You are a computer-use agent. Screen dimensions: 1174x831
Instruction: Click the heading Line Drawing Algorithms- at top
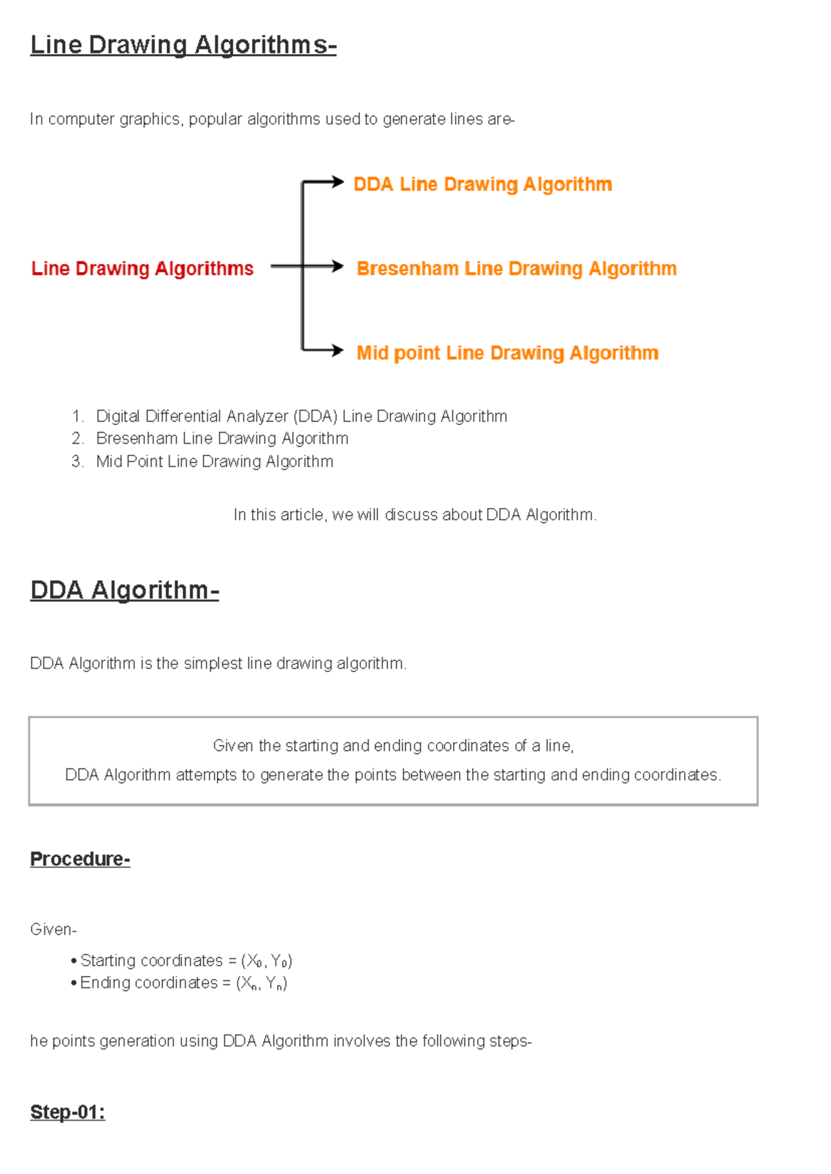[183, 45]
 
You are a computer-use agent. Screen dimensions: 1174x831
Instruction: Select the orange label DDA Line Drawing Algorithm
[483, 185]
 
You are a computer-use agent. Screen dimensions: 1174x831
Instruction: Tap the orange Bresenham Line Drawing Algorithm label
[516, 269]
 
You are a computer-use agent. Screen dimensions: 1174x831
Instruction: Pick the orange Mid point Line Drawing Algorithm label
[507, 353]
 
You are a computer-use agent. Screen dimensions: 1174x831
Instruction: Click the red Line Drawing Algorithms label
[142, 269]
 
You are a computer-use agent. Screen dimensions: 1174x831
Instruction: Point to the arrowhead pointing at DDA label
[337, 182]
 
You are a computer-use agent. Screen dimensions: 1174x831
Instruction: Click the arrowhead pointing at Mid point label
[337, 350]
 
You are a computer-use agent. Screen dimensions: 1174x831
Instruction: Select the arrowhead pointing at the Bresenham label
[337, 267]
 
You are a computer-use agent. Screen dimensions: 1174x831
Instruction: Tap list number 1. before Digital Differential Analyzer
[77, 417]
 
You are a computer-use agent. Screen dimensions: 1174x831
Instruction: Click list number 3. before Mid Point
[77, 462]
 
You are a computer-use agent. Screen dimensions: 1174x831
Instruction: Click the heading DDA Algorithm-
[125, 590]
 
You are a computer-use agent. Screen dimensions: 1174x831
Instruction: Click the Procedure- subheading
[80, 859]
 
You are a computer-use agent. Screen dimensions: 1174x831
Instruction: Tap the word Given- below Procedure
[53, 930]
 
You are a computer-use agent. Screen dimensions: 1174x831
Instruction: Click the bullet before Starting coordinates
[73, 961]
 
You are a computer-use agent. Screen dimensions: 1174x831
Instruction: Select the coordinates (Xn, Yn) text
[262, 984]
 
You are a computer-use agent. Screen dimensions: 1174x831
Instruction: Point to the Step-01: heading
[67, 1112]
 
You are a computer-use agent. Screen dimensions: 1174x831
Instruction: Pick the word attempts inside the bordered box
[206, 775]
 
